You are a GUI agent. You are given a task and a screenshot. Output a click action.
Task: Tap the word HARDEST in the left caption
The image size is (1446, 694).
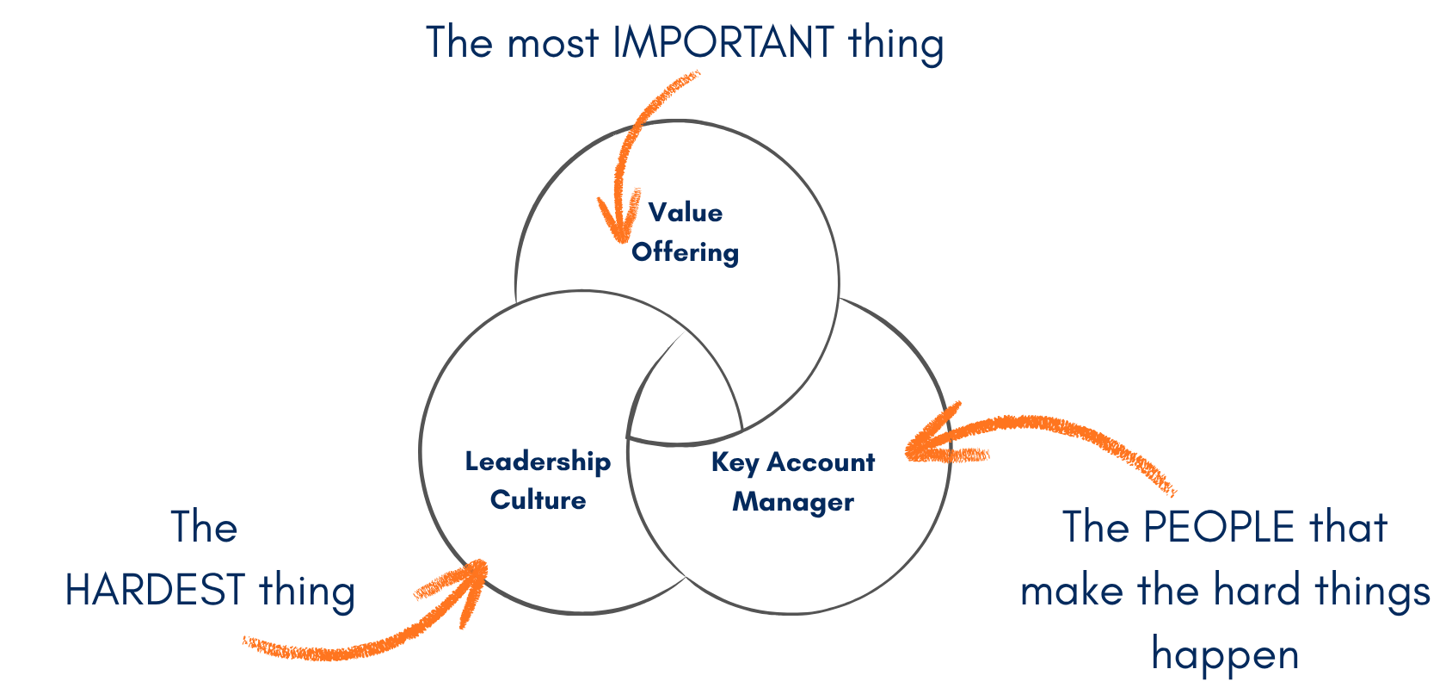click(155, 591)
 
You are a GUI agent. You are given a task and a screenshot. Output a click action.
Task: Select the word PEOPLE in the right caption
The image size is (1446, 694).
click(1220, 527)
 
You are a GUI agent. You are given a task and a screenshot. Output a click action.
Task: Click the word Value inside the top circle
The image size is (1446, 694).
click(686, 213)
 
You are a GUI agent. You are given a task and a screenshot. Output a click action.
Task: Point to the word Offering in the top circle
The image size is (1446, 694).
click(685, 252)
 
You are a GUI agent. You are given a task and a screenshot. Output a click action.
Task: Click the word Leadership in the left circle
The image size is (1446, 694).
click(538, 462)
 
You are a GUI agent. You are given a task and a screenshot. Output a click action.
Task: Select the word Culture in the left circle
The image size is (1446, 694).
click(538, 500)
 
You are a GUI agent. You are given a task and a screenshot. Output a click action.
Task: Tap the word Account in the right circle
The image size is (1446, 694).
click(821, 462)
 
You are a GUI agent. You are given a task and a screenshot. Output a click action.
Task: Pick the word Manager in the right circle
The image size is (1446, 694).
click(793, 502)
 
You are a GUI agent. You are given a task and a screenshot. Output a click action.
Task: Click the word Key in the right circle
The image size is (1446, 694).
click(735, 462)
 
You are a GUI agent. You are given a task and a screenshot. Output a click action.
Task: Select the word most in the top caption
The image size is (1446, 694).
click(552, 43)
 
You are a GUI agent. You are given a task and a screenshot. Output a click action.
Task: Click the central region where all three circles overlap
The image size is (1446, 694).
click(684, 392)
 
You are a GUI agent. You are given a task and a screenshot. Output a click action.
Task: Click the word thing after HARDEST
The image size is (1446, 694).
click(307, 591)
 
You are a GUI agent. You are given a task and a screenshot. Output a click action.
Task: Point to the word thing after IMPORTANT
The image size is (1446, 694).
click(895, 43)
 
